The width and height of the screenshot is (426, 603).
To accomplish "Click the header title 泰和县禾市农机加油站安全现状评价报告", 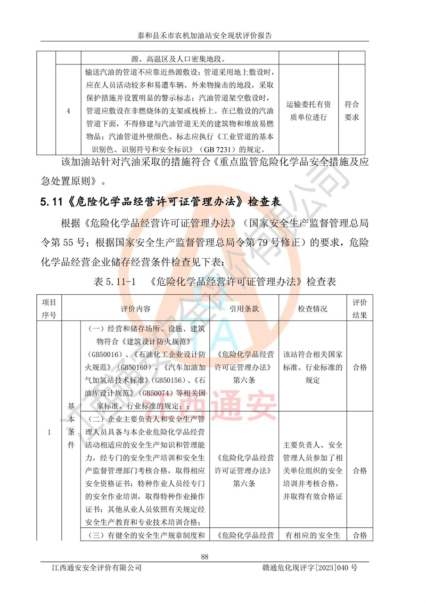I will coord(205,36).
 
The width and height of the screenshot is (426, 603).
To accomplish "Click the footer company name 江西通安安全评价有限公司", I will coord(94,568).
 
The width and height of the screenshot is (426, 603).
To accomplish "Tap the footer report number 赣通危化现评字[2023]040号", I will coord(309,568).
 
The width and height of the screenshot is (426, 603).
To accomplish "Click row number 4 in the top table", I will coord(68,111).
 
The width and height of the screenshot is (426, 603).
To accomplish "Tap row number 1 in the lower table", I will coord(49,432).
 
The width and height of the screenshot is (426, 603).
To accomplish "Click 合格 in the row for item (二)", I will coord(359,471).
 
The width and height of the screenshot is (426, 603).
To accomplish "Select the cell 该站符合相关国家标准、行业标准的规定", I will coord(313,367).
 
